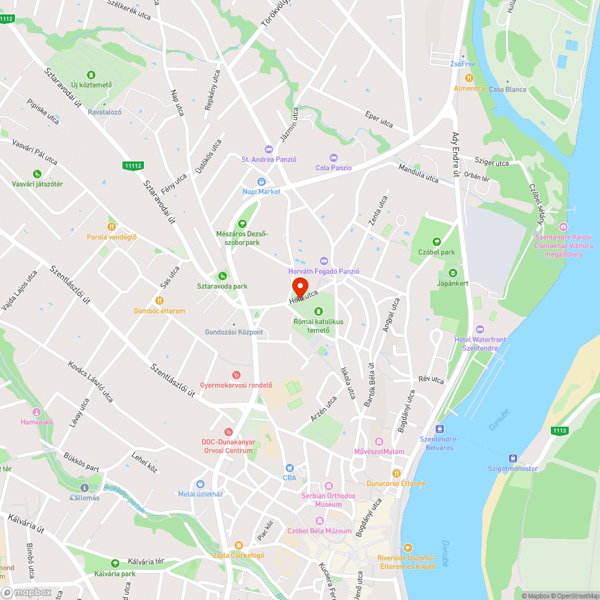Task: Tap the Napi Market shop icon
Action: click(x=262, y=182)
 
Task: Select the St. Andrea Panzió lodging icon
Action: click(x=268, y=149)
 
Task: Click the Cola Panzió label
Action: click(x=334, y=168)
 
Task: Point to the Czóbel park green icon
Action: click(x=436, y=242)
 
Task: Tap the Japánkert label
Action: click(x=453, y=283)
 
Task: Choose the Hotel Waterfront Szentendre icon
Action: click(x=479, y=329)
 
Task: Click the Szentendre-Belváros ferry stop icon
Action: click(x=439, y=429)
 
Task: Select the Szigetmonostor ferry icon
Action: click(x=512, y=458)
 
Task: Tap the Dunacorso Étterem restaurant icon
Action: click(x=396, y=473)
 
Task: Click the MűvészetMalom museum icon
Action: click(x=379, y=442)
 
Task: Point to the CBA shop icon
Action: click(x=290, y=467)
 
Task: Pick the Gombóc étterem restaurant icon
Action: click(x=160, y=301)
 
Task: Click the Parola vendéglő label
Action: click(x=112, y=237)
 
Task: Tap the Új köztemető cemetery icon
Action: click(x=91, y=75)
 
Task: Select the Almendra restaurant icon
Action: click(x=469, y=78)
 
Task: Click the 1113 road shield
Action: click(x=560, y=431)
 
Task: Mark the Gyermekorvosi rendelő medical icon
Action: click(x=236, y=375)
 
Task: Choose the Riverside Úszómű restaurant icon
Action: click(x=408, y=547)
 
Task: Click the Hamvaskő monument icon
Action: click(x=37, y=412)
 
